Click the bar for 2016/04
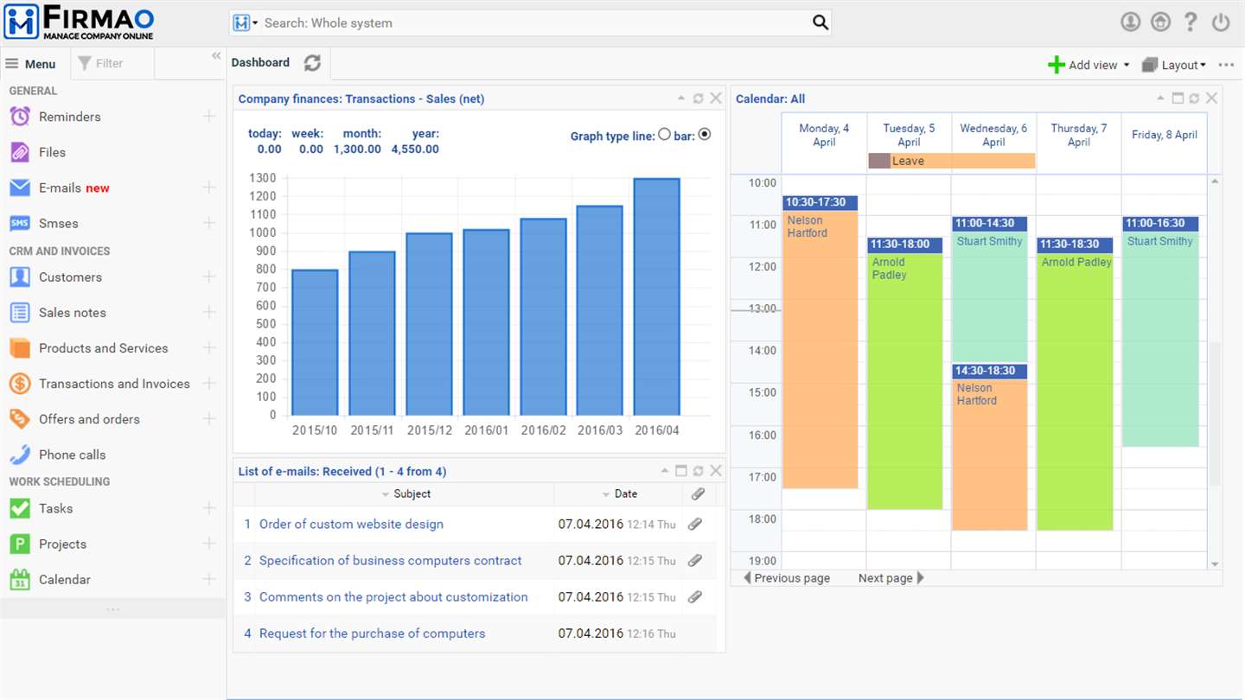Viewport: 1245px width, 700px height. point(656,296)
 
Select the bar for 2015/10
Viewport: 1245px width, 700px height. point(315,342)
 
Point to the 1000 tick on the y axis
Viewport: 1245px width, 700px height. point(262,232)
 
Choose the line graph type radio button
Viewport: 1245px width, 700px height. point(664,135)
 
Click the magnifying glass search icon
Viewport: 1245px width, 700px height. point(820,22)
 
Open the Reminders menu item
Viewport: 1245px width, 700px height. point(69,117)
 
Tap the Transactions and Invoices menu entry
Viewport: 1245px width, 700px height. point(114,384)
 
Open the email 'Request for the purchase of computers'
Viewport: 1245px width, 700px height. point(372,633)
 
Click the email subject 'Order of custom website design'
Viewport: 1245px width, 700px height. point(351,524)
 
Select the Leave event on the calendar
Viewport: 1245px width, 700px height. point(952,161)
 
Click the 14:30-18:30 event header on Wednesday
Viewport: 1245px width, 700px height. point(989,371)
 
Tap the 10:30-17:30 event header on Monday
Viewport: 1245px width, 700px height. point(820,202)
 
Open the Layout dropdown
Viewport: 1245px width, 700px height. point(1174,65)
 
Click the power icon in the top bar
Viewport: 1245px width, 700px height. point(1221,22)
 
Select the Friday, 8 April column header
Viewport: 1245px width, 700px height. point(1165,135)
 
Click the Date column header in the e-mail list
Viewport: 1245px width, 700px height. point(625,493)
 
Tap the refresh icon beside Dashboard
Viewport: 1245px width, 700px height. point(312,63)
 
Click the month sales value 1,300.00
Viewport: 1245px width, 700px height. point(357,149)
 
